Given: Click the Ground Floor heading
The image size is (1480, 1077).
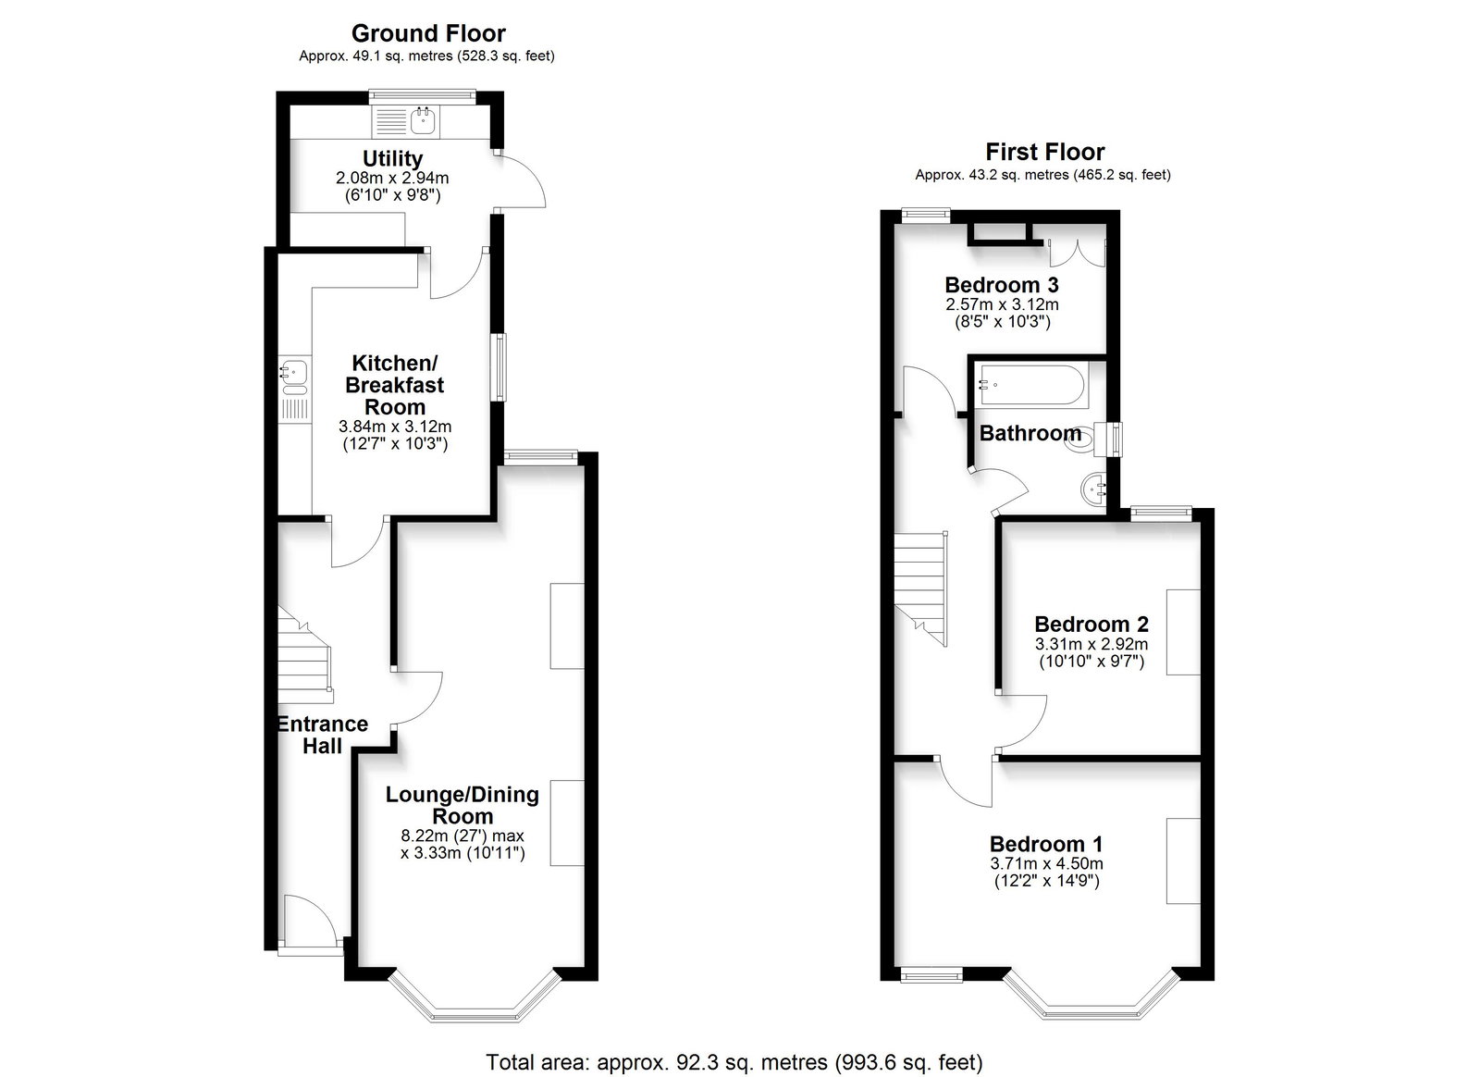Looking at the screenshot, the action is (428, 33).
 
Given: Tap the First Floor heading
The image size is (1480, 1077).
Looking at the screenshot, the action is (1044, 152).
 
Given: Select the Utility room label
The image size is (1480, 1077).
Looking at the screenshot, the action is (392, 158).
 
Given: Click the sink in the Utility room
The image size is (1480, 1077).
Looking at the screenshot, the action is (423, 121).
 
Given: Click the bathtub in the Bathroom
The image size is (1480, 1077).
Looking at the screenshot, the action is (1031, 385).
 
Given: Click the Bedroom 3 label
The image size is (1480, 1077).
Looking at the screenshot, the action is (1002, 285).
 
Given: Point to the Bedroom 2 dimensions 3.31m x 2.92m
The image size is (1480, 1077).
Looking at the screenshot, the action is (1091, 644).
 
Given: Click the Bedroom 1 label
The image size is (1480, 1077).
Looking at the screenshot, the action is (1046, 844).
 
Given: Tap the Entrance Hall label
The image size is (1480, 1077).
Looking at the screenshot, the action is (323, 735).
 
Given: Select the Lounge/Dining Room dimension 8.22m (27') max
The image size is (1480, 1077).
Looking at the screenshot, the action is (462, 836).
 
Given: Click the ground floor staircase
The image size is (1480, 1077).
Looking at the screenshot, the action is (304, 654).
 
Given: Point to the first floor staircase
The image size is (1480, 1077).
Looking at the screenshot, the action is (921, 588).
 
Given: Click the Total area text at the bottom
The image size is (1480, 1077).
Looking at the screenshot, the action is (734, 1044).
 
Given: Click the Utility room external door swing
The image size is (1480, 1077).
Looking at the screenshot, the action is (522, 179).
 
